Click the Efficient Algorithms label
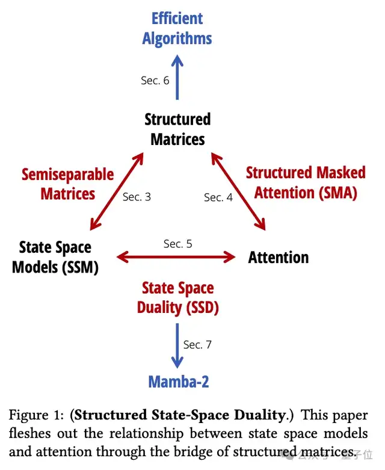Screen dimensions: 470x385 point(177,28)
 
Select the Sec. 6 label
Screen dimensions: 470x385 point(155,80)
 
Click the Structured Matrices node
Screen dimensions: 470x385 point(177,129)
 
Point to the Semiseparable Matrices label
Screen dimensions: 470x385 point(67,184)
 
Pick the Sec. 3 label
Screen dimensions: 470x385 point(137,197)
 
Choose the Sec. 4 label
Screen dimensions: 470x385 point(218,197)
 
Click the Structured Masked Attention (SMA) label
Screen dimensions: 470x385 point(306,182)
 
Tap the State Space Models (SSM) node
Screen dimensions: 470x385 point(55,256)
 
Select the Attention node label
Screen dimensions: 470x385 point(279,258)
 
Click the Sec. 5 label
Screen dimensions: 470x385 point(177,244)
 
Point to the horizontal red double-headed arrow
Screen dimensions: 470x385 point(176,258)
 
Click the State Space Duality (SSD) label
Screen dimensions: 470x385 point(177,298)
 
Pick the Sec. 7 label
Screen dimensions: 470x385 point(198,344)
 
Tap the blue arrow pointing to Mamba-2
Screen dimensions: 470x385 point(177,346)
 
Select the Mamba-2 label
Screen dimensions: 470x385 point(177,381)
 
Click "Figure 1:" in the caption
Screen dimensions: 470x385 point(35,416)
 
